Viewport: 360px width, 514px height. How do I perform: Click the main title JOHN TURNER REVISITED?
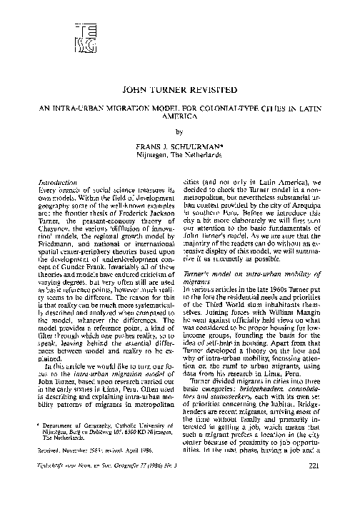(180, 92)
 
